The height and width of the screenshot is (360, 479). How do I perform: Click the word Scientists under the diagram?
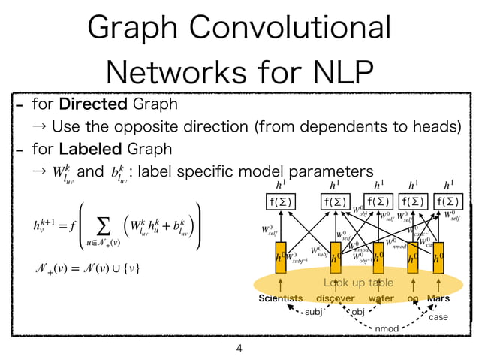click(280, 298)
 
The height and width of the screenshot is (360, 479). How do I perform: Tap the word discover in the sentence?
click(336, 298)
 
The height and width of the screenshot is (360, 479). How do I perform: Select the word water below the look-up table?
click(381, 298)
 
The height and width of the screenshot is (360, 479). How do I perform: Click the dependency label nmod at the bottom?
click(387, 328)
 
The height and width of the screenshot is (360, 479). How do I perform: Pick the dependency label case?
click(438, 317)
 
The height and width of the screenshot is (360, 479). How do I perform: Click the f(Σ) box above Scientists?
click(280, 201)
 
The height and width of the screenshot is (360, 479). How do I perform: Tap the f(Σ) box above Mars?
click(449, 201)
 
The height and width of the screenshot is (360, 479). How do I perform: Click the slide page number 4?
click(239, 349)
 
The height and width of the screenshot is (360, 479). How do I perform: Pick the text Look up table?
click(358, 283)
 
